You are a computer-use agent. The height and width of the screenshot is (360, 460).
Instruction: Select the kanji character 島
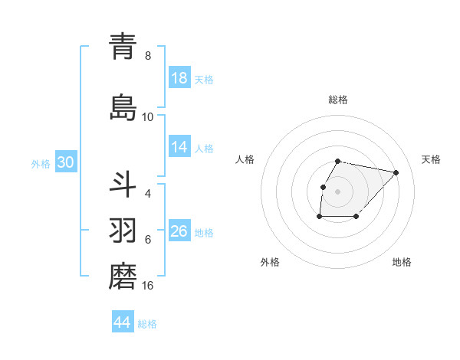(x=123, y=107)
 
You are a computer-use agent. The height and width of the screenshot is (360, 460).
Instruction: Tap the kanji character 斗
(x=123, y=185)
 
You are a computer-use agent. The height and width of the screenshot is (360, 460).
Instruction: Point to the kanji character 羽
(x=123, y=231)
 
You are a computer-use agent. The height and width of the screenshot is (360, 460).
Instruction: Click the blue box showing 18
(x=179, y=78)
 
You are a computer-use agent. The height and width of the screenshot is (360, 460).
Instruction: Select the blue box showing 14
(x=179, y=148)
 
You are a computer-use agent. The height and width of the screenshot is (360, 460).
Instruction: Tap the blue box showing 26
(x=179, y=231)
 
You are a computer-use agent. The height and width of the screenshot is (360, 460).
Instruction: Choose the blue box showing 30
(x=65, y=162)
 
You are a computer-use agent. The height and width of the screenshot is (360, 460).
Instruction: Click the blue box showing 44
(x=123, y=322)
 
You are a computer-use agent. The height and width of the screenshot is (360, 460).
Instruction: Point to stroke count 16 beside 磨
(x=148, y=286)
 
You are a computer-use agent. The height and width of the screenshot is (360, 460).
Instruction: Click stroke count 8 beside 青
(x=148, y=55)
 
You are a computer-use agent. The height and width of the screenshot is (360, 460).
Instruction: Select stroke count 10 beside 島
(x=148, y=116)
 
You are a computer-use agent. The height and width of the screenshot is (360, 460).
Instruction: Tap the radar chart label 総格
(x=338, y=100)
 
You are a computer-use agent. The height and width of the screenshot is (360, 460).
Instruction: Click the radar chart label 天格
(x=431, y=159)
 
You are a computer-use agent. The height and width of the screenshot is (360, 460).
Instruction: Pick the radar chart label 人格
(x=245, y=159)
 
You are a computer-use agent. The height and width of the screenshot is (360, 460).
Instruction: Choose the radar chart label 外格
(x=269, y=262)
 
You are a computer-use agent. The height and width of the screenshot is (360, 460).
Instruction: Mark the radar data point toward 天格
(x=396, y=172)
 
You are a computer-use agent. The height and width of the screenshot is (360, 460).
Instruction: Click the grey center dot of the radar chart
(x=338, y=191)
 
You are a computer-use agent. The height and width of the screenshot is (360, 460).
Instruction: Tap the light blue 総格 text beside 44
(x=147, y=323)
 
